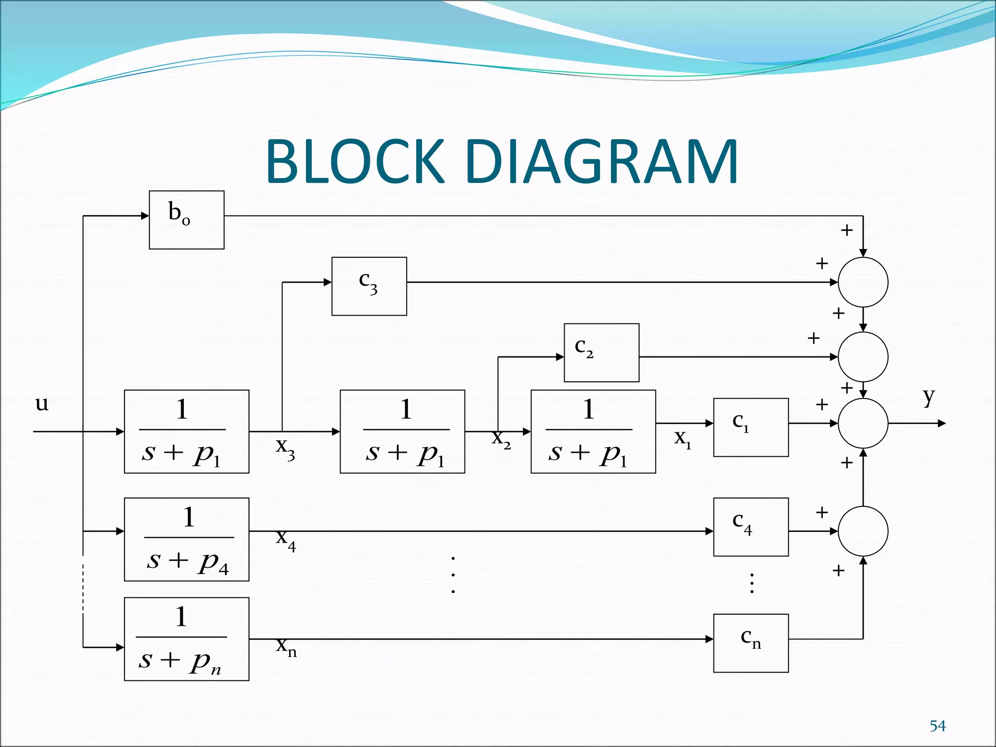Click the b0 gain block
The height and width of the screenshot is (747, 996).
pos(186,220)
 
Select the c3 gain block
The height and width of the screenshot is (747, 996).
pos(369,286)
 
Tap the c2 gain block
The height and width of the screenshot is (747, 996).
pos(601,353)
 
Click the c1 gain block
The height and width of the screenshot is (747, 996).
pos(750,427)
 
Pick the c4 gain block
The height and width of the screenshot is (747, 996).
pos(750,527)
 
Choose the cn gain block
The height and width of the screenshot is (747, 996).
pos(750,643)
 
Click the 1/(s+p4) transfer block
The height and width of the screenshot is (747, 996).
pos(186,539)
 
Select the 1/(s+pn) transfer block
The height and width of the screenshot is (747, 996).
pos(186,639)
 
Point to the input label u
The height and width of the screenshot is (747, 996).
pos(42,403)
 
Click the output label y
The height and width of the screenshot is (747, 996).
pos(928,397)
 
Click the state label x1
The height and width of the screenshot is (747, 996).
pos(682,439)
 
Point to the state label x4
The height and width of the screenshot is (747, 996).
pos(285,539)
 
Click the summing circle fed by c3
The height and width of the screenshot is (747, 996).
pos(863,282)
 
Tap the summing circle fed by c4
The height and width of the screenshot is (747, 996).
pos(863,531)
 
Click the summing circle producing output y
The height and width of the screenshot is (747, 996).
pos(863,423)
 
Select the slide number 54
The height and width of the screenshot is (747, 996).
pos(937,726)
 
